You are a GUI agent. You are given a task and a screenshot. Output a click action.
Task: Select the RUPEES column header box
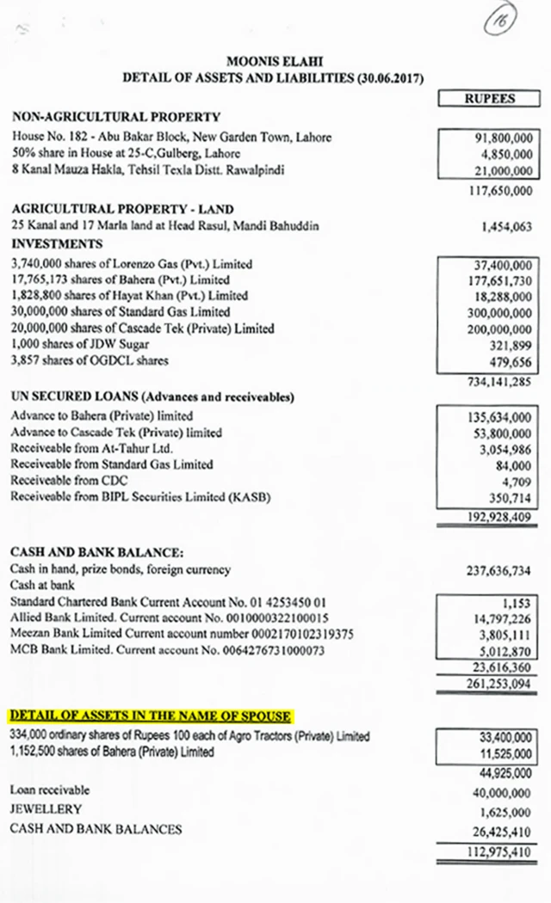tap(490, 99)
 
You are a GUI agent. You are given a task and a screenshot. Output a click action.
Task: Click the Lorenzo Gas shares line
tap(133, 264)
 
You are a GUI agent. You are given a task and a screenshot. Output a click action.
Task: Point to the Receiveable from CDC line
tap(72, 481)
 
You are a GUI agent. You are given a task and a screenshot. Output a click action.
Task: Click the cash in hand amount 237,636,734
tap(498, 569)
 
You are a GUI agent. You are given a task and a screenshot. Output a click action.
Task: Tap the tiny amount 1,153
tap(516, 603)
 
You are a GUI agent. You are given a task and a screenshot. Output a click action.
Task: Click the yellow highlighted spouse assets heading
tap(150, 716)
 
